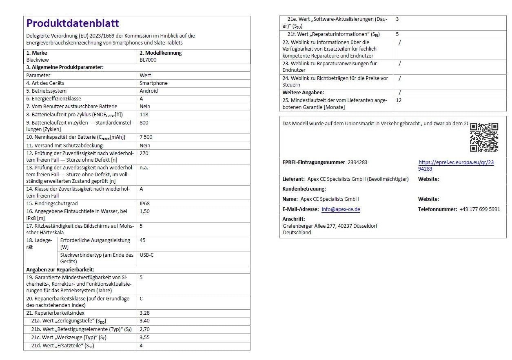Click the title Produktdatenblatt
point(73,23)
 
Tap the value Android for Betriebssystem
point(149,91)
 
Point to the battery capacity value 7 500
point(146,137)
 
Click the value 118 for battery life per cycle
point(144,115)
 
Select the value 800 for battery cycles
point(144,123)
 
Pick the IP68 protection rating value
point(145,203)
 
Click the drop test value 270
point(144,153)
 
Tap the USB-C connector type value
point(146,255)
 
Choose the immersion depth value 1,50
point(144,211)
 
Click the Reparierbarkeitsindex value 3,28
point(144,313)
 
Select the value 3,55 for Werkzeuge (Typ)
point(144,338)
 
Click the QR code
point(484,137)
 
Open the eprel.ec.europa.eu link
point(456,165)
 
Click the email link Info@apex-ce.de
point(341,209)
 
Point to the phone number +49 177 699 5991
point(479,209)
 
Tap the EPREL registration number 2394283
point(357,162)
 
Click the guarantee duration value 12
point(399,100)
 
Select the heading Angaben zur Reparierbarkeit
point(60,270)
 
